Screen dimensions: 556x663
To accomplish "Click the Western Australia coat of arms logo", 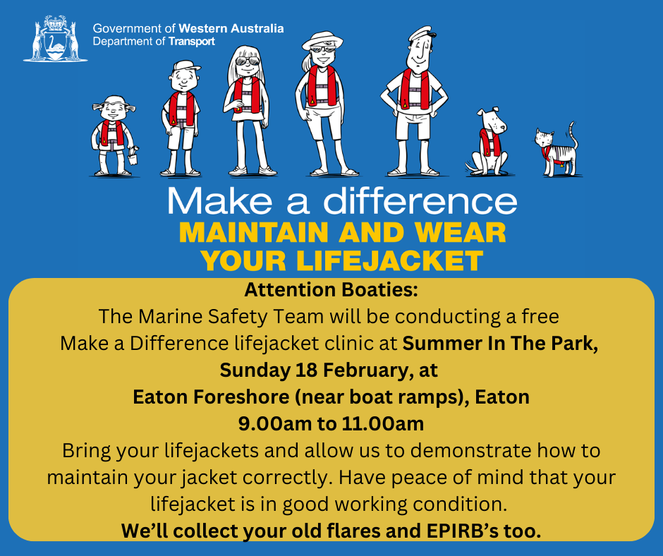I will coord(55,40).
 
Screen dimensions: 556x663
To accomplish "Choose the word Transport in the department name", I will coord(192,41).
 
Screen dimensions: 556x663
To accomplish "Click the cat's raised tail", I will coord(573,134).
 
